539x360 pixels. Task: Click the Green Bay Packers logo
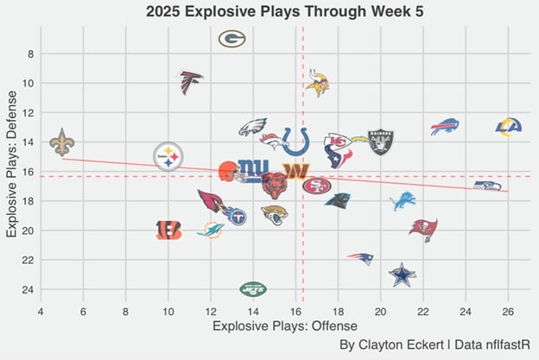[x=232, y=38]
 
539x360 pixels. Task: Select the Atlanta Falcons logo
[x=190, y=81]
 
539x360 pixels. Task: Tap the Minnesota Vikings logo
[x=317, y=82]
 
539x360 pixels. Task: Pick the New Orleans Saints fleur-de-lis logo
[x=61, y=142]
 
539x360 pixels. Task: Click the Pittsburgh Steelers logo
[x=168, y=157]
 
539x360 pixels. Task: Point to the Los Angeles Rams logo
[x=509, y=127]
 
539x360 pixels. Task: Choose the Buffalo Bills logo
[x=445, y=127]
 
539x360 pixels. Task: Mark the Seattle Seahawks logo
[x=487, y=186]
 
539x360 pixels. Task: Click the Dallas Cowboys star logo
[x=402, y=275]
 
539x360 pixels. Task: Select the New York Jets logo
[x=253, y=288]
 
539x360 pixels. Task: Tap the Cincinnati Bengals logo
[x=168, y=230]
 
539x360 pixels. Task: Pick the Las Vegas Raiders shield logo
[x=381, y=141]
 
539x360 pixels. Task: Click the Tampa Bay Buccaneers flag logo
[x=423, y=230]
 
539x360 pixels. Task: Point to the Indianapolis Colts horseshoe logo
[x=295, y=141]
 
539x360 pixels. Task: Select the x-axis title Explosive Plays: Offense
[x=273, y=327]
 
